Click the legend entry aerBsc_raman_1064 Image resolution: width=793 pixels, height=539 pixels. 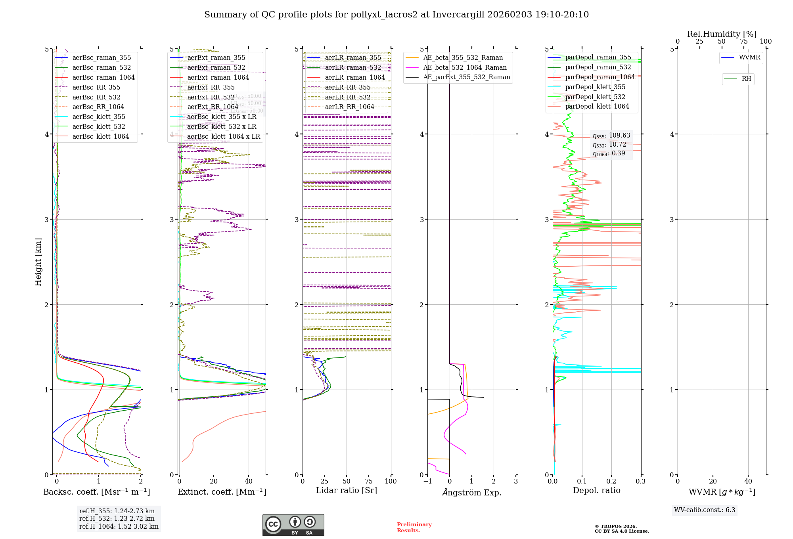(103, 78)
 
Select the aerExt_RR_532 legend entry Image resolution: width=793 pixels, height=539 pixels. (211, 97)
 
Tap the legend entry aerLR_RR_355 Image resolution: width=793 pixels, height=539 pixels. (347, 87)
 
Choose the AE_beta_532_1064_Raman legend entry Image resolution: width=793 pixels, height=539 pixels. (465, 68)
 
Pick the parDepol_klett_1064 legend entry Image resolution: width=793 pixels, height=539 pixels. (597, 107)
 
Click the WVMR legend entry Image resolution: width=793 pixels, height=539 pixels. (749, 57)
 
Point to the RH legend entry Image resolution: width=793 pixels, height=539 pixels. (746, 79)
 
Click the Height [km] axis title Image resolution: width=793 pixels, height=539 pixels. (38, 262)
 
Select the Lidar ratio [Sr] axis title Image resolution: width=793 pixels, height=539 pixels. (347, 490)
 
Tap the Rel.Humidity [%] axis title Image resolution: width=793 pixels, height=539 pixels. (722, 34)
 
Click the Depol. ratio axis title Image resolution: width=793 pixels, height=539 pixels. (596, 490)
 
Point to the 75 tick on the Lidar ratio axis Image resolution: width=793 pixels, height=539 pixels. (369, 481)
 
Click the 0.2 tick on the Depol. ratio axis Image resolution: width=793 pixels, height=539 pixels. (611, 481)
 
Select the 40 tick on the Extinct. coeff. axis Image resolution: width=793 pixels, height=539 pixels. (249, 481)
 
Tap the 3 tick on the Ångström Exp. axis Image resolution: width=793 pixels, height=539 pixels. (516, 481)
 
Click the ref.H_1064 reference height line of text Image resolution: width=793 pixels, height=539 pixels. (119, 527)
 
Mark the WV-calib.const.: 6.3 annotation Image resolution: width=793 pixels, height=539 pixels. (705, 510)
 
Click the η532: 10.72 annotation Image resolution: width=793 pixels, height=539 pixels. (609, 145)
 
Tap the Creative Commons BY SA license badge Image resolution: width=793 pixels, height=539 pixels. (293, 525)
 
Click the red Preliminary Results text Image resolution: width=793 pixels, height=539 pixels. (414, 528)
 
